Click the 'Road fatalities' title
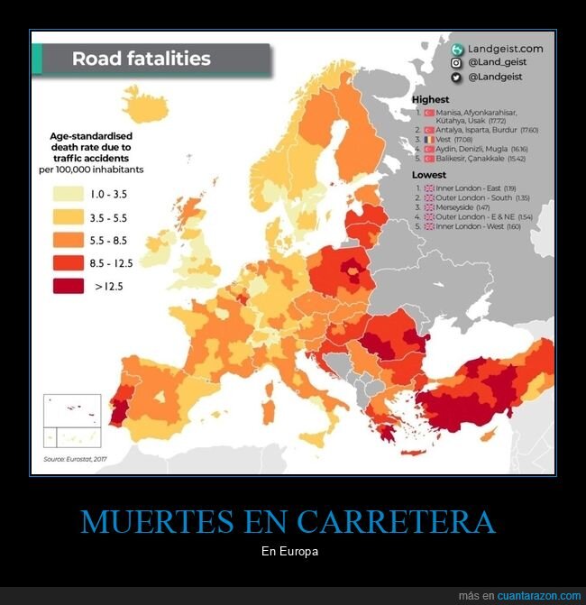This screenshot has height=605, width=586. pyautogui.click(x=141, y=60)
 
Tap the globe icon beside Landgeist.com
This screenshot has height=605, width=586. pyautogui.click(x=457, y=49)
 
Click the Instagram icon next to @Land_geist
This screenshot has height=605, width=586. pyautogui.click(x=457, y=63)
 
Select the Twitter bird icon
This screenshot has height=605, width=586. pyautogui.click(x=457, y=78)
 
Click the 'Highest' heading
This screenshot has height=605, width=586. pyautogui.click(x=430, y=99)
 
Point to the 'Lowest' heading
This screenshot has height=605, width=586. pyautogui.click(x=429, y=174)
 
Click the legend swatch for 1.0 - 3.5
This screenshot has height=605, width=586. pyautogui.click(x=69, y=194)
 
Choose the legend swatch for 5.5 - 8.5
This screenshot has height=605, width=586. pyautogui.click(x=69, y=241)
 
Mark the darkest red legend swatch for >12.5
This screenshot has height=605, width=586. pyautogui.click(x=69, y=287)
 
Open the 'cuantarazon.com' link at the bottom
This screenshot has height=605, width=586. pyautogui.click(x=539, y=596)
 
